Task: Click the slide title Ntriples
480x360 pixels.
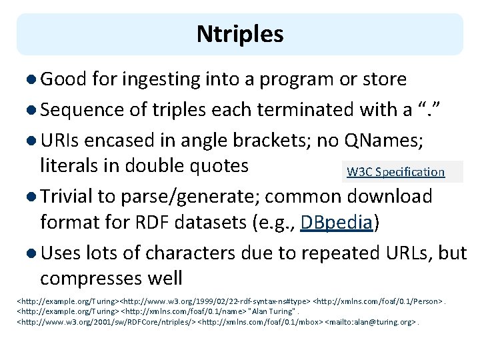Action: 240,34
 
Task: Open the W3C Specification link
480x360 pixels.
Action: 395,172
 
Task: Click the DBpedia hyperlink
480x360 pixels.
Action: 336,222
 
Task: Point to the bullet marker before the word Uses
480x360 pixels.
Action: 33,254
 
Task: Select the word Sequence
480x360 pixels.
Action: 82,109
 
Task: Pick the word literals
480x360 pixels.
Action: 67,165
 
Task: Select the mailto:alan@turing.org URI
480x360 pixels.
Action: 369,322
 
